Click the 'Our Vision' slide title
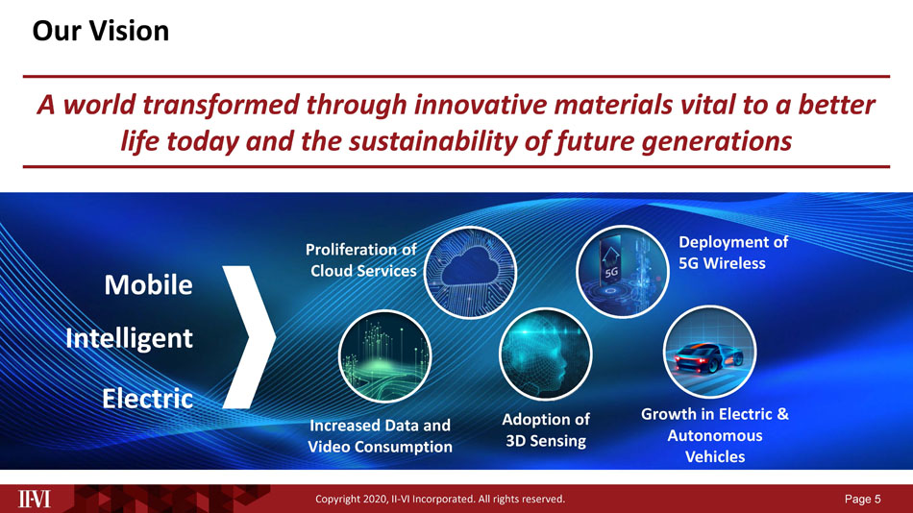[x=101, y=31]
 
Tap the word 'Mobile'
[x=148, y=284]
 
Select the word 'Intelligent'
[x=129, y=339]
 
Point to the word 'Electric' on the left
[x=147, y=399]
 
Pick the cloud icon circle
[x=470, y=273]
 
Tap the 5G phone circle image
[x=622, y=271]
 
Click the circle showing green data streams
[x=384, y=356]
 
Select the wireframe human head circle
[x=546, y=354]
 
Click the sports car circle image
[x=710, y=352]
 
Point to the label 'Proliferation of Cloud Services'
[x=362, y=260]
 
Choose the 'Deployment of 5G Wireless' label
[x=733, y=253]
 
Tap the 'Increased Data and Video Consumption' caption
[x=380, y=436]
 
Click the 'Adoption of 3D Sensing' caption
[x=546, y=430]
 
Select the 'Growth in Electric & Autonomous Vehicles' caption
[x=715, y=435]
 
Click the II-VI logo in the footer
[x=35, y=499]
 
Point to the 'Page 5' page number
[x=863, y=499]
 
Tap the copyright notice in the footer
[x=440, y=499]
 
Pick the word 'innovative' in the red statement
[x=480, y=106]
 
